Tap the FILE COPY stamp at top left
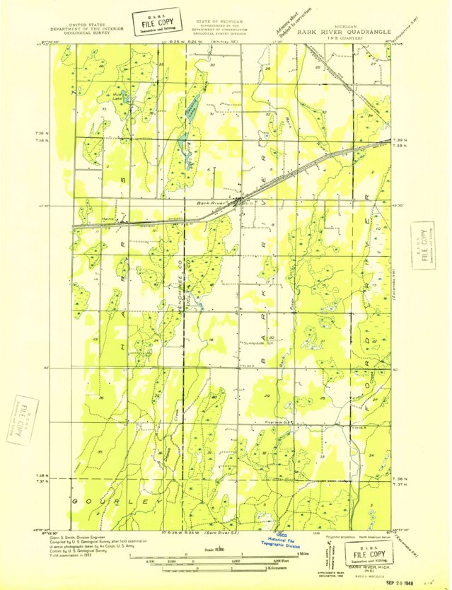(x=155, y=23)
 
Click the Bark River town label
(x=209, y=202)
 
